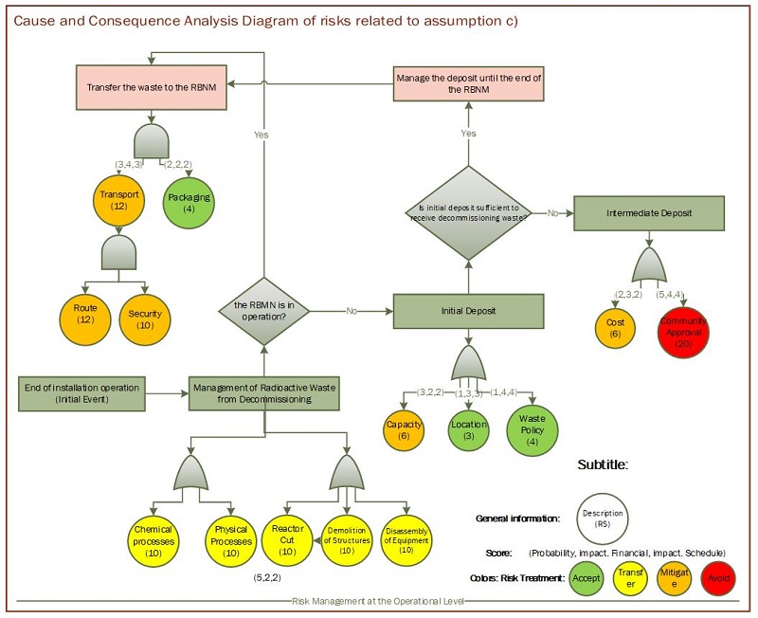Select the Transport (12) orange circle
click(x=120, y=201)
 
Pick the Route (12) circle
click(x=85, y=314)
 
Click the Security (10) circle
click(x=146, y=318)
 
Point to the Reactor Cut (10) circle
click(x=284, y=537)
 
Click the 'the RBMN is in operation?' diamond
click(x=264, y=311)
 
